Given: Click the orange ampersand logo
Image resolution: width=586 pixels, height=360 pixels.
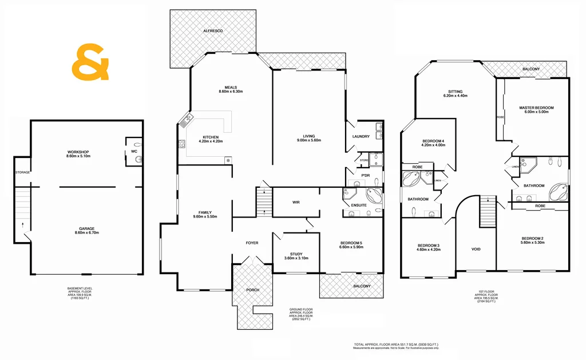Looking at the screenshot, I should tap(90, 62).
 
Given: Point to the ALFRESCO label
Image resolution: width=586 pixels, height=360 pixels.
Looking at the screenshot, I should tap(212, 30).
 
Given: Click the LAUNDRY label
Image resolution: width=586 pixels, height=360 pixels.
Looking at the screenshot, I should tap(361, 136).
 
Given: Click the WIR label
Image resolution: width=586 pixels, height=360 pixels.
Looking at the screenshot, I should tap(296, 202).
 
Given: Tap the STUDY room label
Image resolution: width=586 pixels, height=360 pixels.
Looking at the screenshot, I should tap(296, 255).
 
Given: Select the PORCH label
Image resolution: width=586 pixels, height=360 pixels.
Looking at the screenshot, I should tap(252, 290).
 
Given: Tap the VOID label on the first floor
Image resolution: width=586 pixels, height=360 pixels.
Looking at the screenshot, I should tap(476, 249).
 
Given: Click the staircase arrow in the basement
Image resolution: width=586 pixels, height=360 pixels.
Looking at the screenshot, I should tap(22, 224).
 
